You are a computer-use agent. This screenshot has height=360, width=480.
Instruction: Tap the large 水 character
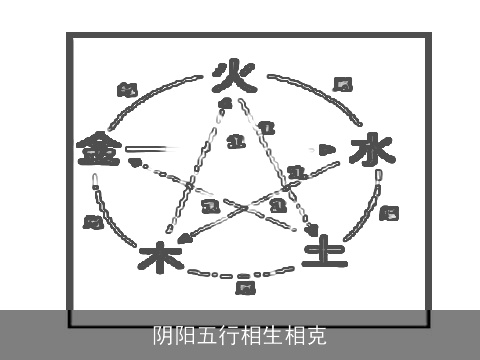coord(367,151)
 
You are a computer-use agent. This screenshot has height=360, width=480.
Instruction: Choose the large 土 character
coord(325,249)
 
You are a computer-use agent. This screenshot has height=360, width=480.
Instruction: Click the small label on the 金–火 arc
coord(127,90)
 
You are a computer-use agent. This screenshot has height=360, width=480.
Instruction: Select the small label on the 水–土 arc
coord(390,212)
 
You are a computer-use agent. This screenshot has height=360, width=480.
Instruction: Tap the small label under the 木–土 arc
coord(244,288)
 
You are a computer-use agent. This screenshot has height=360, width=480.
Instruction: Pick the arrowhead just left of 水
coord(326,150)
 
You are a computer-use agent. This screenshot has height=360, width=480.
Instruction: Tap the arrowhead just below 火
coord(226,103)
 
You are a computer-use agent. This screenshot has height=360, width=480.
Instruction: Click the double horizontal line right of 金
coord(145,150)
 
